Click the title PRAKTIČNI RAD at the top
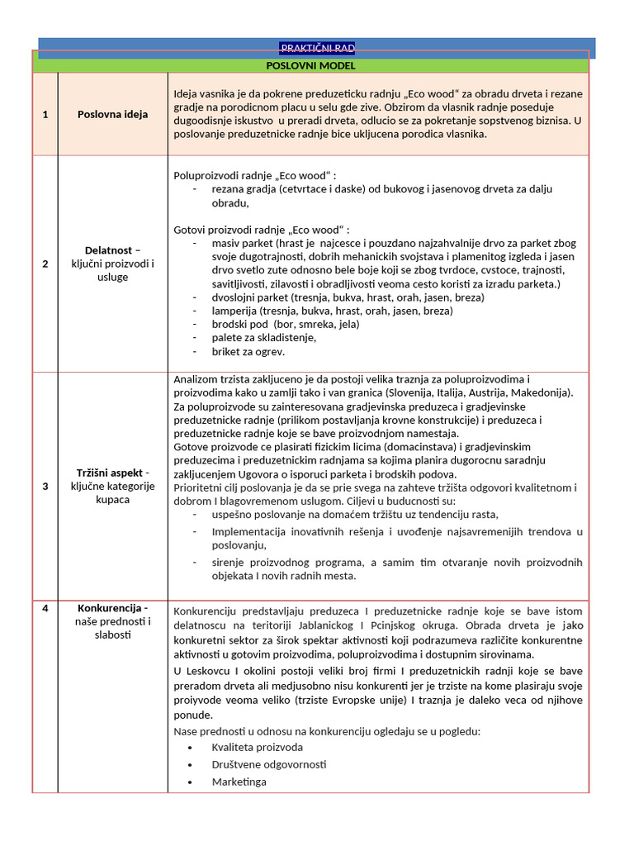click(316, 48)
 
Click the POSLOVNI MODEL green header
click(310, 65)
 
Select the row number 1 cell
click(45, 114)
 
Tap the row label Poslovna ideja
click(112, 114)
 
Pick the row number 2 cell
click(45, 264)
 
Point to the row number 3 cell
click(45, 486)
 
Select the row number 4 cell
click(45, 609)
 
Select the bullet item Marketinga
click(239, 782)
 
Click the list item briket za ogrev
click(248, 351)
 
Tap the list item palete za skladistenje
click(263, 337)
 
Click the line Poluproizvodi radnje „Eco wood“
click(255, 175)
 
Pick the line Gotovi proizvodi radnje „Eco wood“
click(262, 229)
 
